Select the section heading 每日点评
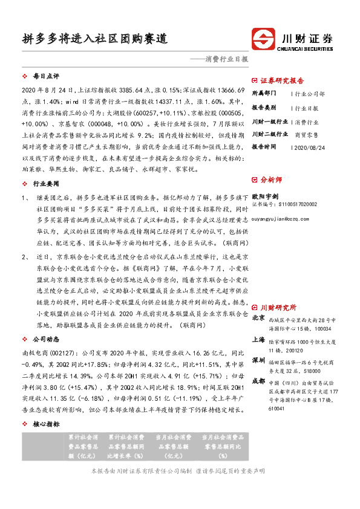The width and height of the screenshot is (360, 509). tap(45, 77)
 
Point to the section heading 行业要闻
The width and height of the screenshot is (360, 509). tap(45, 183)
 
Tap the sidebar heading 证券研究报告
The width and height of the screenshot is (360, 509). tap(283, 80)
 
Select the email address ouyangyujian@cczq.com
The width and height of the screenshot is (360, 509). tap(283, 221)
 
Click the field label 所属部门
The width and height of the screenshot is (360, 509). tap(264, 94)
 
